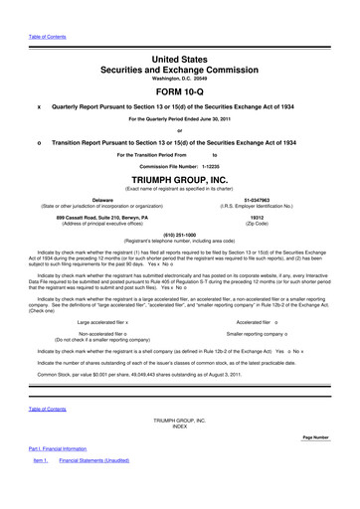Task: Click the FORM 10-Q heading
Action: point(180,90)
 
